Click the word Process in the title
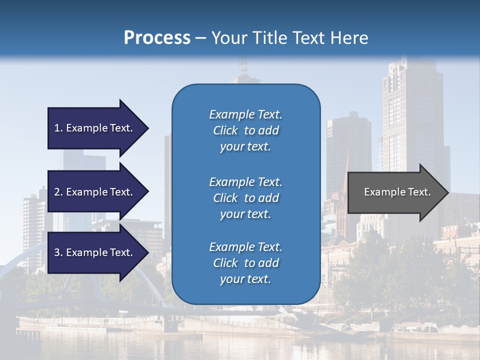coord(157,37)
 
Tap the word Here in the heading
coord(350,37)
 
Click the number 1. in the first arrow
coord(58,128)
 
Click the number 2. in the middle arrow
coord(58,192)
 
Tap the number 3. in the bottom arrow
coord(58,252)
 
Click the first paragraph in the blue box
coord(245,130)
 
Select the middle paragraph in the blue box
coord(245,197)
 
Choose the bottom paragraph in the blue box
coord(245,263)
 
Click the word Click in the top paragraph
coord(225,130)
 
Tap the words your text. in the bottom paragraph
coord(245,279)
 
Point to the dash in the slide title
coord(201,38)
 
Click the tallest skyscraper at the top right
coord(405,115)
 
